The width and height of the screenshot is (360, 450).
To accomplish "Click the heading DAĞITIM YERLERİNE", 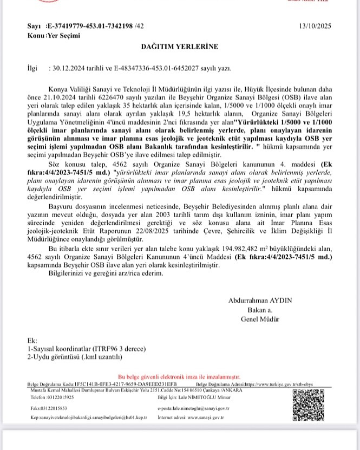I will pos(180,47).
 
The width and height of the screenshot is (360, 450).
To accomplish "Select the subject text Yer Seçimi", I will pos(64,36).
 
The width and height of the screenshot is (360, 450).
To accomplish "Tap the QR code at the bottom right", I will pos(310,401).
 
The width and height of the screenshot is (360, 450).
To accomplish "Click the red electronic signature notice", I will pos(180,377).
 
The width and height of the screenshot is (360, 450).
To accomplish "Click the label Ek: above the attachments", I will pos(31,341).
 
